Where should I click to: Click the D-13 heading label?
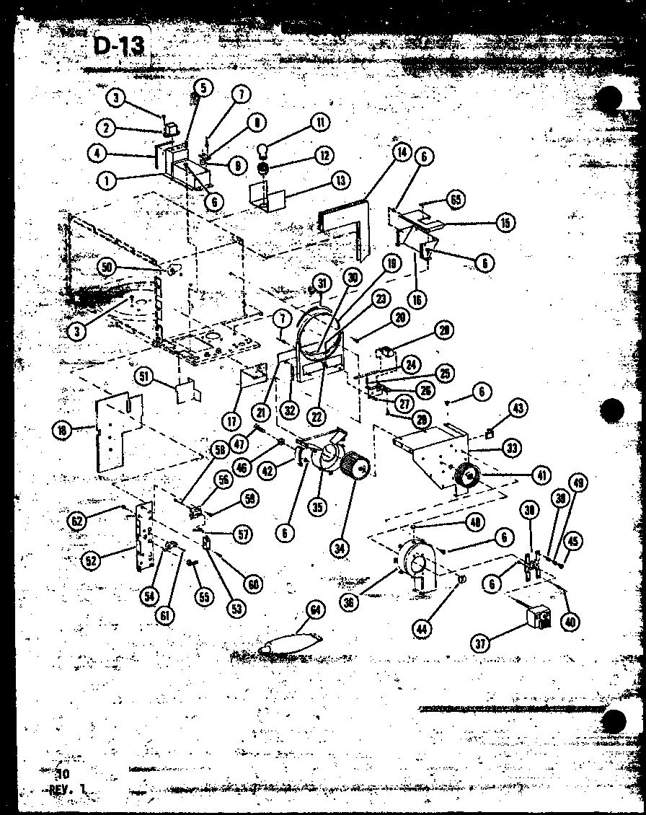click(x=119, y=46)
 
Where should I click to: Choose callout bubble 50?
click(x=108, y=267)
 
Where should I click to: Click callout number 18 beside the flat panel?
click(x=61, y=431)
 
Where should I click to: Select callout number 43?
click(x=517, y=409)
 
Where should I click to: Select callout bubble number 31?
click(x=322, y=282)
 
